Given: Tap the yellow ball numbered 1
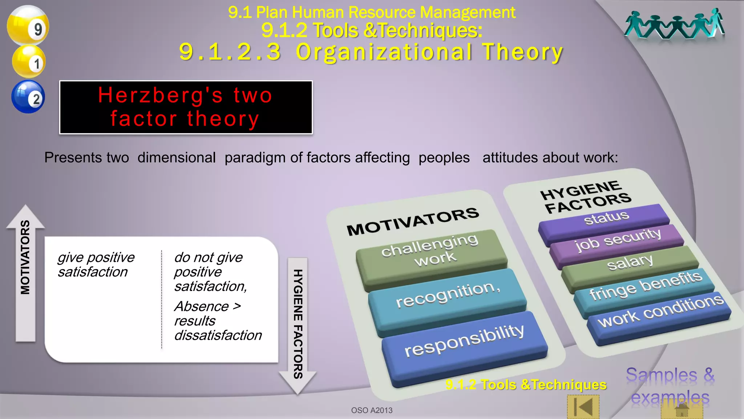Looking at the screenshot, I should [x=29, y=61].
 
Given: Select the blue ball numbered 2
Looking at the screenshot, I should [x=28, y=97].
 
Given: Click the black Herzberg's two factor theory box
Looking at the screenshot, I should [x=186, y=107].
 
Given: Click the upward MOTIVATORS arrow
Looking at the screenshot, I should [x=25, y=273].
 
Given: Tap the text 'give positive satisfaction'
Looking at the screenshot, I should [x=96, y=264].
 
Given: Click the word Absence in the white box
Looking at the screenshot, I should [x=202, y=306].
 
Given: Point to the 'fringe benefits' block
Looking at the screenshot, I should [x=644, y=287].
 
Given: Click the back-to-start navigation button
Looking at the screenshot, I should [x=583, y=407].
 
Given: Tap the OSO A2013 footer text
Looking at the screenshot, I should [x=372, y=410].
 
